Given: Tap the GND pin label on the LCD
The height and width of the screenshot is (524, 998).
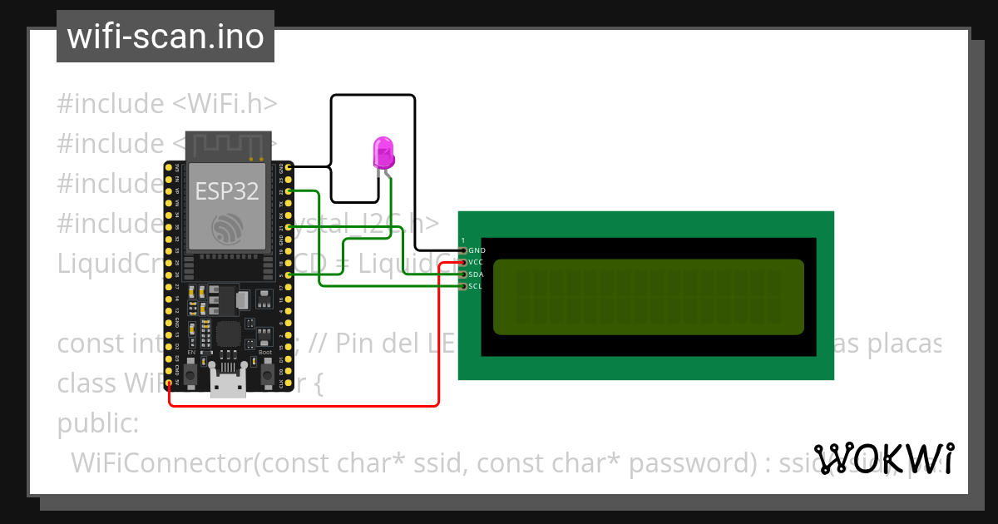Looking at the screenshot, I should coord(477,250).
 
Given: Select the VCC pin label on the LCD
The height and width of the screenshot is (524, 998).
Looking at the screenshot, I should coord(476,262).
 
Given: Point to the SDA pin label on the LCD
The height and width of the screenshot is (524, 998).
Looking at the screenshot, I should coord(476,274).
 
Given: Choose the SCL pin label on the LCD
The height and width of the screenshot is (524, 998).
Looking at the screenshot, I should coord(476,286).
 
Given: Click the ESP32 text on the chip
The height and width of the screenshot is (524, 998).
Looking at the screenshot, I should coord(226,191).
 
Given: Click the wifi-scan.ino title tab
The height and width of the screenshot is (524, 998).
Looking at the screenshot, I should coord(166,37).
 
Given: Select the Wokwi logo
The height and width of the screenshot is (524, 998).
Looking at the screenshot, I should coord(884,458).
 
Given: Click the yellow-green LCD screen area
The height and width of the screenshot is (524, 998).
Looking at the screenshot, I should coord(649,297).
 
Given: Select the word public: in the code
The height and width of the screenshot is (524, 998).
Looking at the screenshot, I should coord(97,423).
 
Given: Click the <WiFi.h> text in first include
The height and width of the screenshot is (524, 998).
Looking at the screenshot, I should coord(225,104).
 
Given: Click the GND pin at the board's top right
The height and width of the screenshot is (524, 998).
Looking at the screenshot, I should coord(289,167).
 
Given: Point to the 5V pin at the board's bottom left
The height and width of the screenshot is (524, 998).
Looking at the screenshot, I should coord(170,383).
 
